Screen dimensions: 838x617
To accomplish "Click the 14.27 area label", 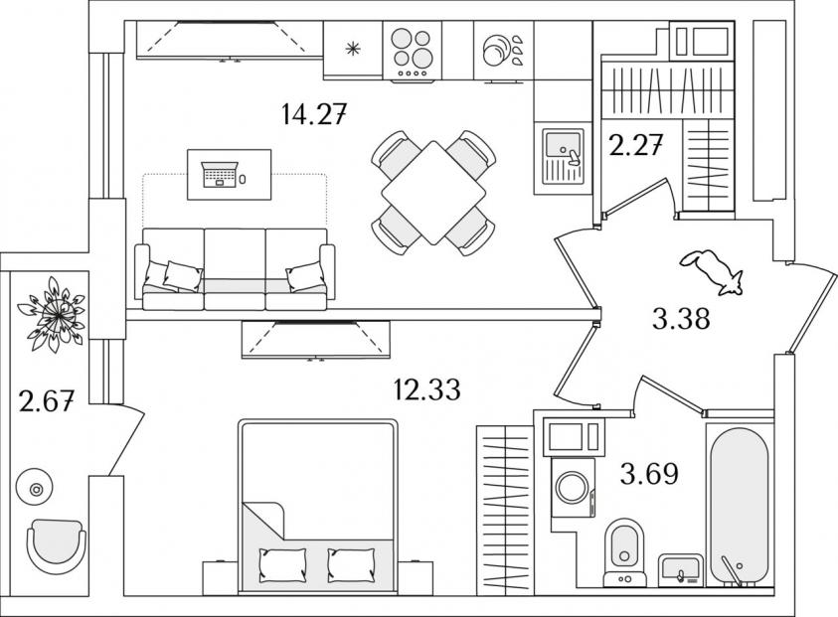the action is pyautogui.click(x=315, y=114).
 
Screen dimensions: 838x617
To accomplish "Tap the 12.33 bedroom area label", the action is pyautogui.click(x=426, y=389).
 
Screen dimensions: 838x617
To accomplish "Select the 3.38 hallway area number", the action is pyautogui.click(x=681, y=320).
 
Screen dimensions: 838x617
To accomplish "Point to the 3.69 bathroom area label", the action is pyautogui.click(x=649, y=473).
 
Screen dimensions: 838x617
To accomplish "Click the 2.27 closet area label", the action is pyautogui.click(x=636, y=145).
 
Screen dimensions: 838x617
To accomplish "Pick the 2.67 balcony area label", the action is pyautogui.click(x=46, y=401).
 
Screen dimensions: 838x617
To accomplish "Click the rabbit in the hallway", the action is pyautogui.click(x=712, y=271).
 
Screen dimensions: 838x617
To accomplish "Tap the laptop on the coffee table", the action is pyautogui.click(x=220, y=174).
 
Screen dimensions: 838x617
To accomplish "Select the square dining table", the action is pyautogui.click(x=433, y=193).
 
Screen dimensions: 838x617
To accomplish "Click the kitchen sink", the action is pyautogui.click(x=563, y=155).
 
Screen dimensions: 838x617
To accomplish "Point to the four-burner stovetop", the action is pyautogui.click(x=413, y=51).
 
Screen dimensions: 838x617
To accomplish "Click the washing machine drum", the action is pyautogui.click(x=572, y=487).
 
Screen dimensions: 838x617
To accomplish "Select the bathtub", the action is pyautogui.click(x=740, y=507).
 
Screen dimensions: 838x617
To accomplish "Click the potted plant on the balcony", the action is pyautogui.click(x=52, y=315).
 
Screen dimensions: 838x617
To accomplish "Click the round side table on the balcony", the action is pyautogui.click(x=35, y=487).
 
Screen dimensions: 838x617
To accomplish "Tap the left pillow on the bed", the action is pyautogui.click(x=282, y=565).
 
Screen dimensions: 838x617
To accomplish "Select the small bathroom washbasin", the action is pyautogui.click(x=680, y=570).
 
